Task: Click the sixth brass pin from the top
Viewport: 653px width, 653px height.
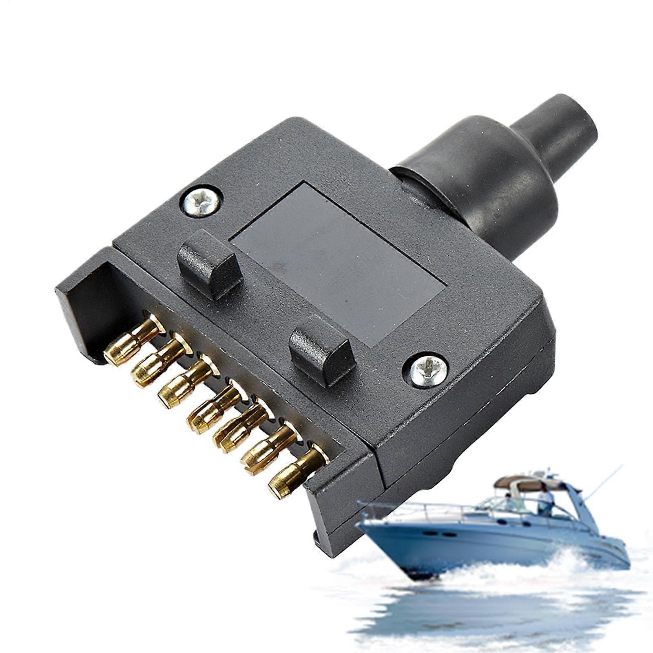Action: pyautogui.click(x=266, y=449)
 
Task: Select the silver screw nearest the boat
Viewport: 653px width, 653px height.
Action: pyautogui.click(x=425, y=369)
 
